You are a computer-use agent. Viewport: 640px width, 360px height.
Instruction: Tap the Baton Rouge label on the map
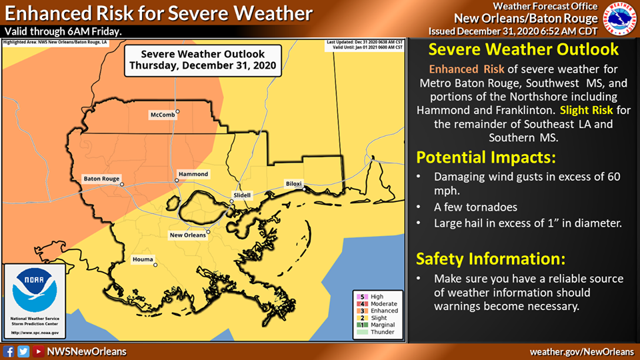tap(101, 179)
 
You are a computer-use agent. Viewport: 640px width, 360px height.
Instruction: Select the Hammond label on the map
tap(193, 174)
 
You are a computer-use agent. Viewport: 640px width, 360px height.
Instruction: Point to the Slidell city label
tap(242, 195)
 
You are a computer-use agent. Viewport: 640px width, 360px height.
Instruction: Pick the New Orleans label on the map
tap(187, 235)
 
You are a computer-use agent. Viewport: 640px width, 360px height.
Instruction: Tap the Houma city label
tap(143, 259)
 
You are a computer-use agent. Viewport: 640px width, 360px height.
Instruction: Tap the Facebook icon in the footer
tap(9, 351)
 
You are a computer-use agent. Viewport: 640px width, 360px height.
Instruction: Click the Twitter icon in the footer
tap(23, 351)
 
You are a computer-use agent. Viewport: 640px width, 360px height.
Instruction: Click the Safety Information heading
tap(491, 258)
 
